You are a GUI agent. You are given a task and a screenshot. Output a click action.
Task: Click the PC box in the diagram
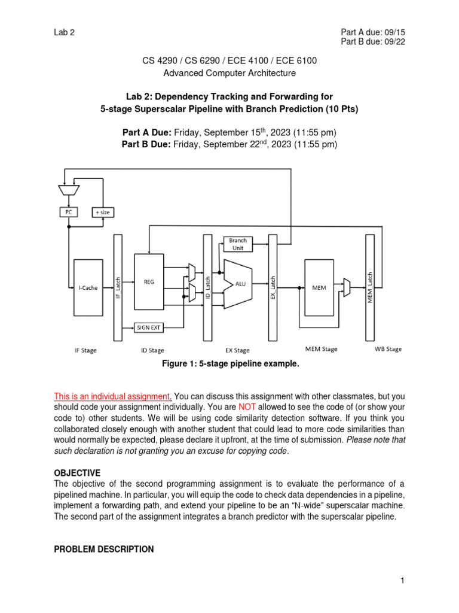point(69,212)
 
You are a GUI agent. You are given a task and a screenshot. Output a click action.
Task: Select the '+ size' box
point(103,212)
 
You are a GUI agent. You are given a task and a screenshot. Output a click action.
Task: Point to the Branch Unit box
point(238,244)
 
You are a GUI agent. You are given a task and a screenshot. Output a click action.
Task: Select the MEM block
point(319,287)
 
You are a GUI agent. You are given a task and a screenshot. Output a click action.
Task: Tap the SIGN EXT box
point(150,327)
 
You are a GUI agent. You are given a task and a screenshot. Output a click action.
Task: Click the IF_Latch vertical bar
point(118,287)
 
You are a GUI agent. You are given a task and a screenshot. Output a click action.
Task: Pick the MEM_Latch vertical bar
point(370,287)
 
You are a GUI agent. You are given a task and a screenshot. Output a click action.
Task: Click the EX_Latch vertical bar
point(273,287)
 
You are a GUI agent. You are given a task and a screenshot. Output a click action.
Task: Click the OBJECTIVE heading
point(77,472)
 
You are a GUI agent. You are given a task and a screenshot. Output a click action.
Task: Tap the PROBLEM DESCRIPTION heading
point(103,549)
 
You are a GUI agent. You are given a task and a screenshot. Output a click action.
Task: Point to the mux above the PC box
point(69,189)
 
